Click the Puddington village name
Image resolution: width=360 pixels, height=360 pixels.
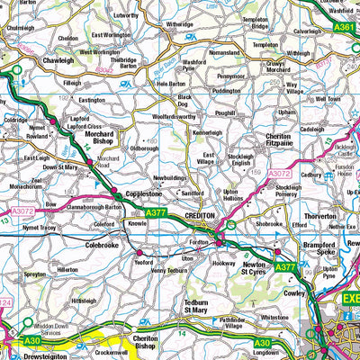pos(225,90)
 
